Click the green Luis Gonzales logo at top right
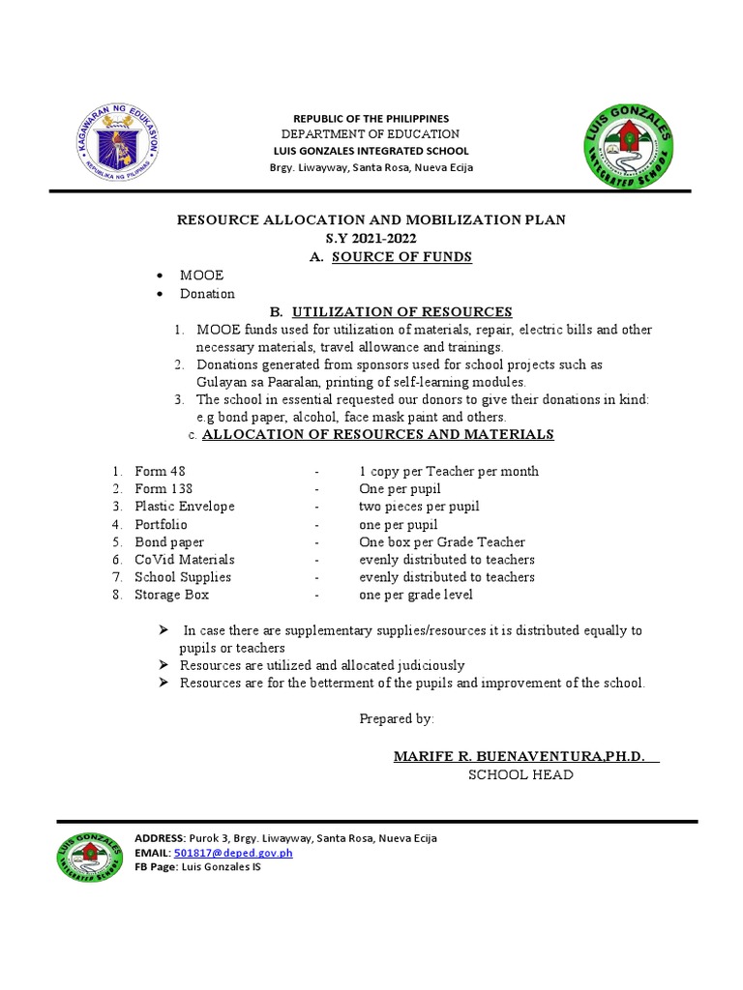[x=629, y=146]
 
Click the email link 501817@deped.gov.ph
[x=232, y=853]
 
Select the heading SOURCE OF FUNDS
[x=401, y=256]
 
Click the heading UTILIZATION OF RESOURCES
[x=401, y=311]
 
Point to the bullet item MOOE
[x=201, y=276]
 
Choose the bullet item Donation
[x=207, y=294]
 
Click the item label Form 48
[x=160, y=472]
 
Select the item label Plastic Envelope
[x=184, y=507]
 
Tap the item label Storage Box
[x=171, y=595]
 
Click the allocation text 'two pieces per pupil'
[x=419, y=507]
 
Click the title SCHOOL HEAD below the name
[x=520, y=774]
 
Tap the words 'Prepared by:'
[x=397, y=718]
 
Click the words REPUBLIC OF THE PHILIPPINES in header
[x=371, y=118]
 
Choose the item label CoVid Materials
[x=184, y=560]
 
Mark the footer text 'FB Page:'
[x=157, y=867]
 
